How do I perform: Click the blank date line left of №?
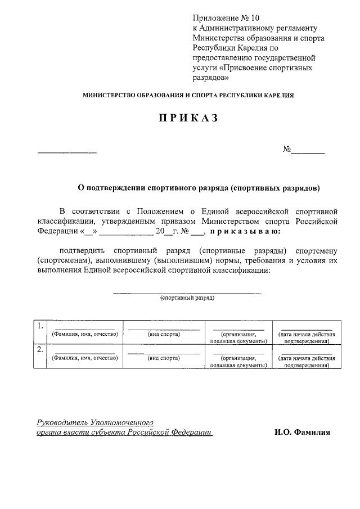67,152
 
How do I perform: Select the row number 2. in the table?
40,350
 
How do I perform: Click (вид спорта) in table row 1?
164,334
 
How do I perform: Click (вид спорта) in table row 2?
164,358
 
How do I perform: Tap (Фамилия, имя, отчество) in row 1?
84,334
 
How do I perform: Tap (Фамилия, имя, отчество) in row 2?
84,358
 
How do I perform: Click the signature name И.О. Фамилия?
303,433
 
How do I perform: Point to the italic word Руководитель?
61,422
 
